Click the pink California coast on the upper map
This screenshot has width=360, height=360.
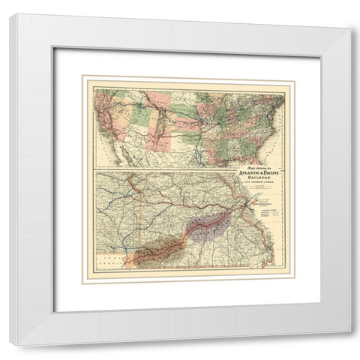(105, 124)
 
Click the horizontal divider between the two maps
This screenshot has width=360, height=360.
(187, 172)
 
